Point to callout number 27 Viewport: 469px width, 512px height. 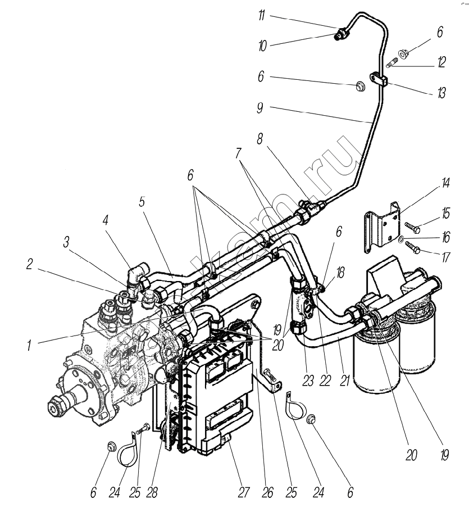(x=242, y=493)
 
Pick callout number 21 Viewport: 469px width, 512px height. (x=344, y=380)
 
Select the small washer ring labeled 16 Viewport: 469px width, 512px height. (x=400, y=240)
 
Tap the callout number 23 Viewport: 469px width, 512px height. (x=307, y=380)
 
